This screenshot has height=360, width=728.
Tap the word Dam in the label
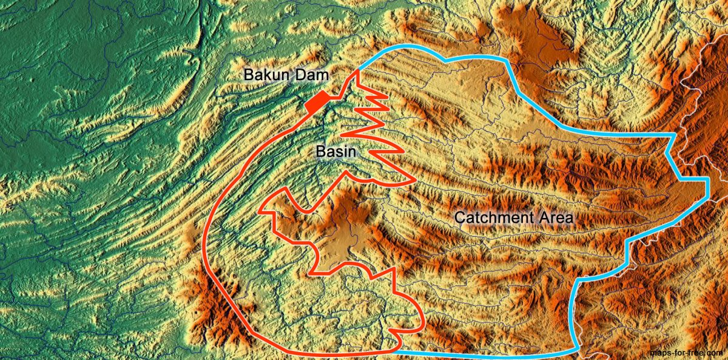tap(314, 75)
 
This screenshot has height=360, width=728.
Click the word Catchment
tap(491, 217)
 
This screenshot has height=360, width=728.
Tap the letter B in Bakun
tap(249, 75)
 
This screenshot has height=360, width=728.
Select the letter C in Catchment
tap(460, 217)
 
